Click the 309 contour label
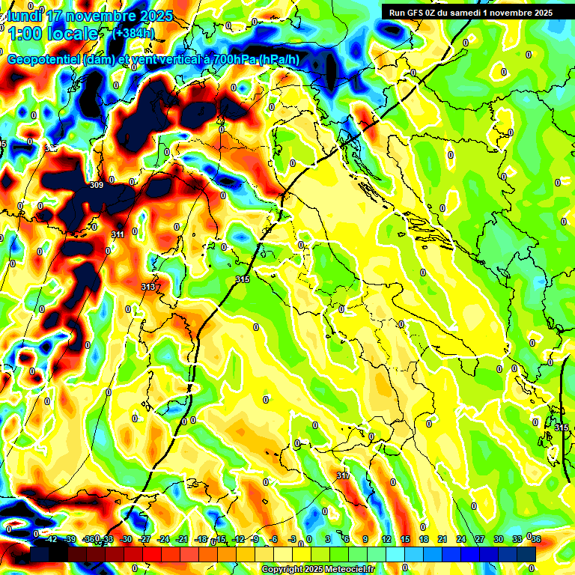[96, 185]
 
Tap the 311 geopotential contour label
[118, 235]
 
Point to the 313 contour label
[147, 287]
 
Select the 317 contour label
[343, 476]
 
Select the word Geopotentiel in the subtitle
[43, 60]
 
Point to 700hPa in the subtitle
[233, 60]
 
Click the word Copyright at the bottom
[283, 570]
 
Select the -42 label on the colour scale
[51, 539]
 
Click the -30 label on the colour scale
[126, 539]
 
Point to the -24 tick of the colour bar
[163, 539]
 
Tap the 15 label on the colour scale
[405, 539]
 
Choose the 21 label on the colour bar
[442, 539]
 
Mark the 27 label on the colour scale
[480, 539]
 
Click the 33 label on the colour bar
[517, 539]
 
